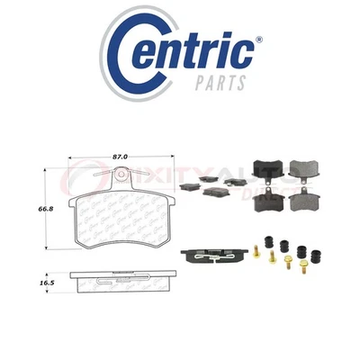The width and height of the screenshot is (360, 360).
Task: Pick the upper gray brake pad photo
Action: click(x=301, y=167)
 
